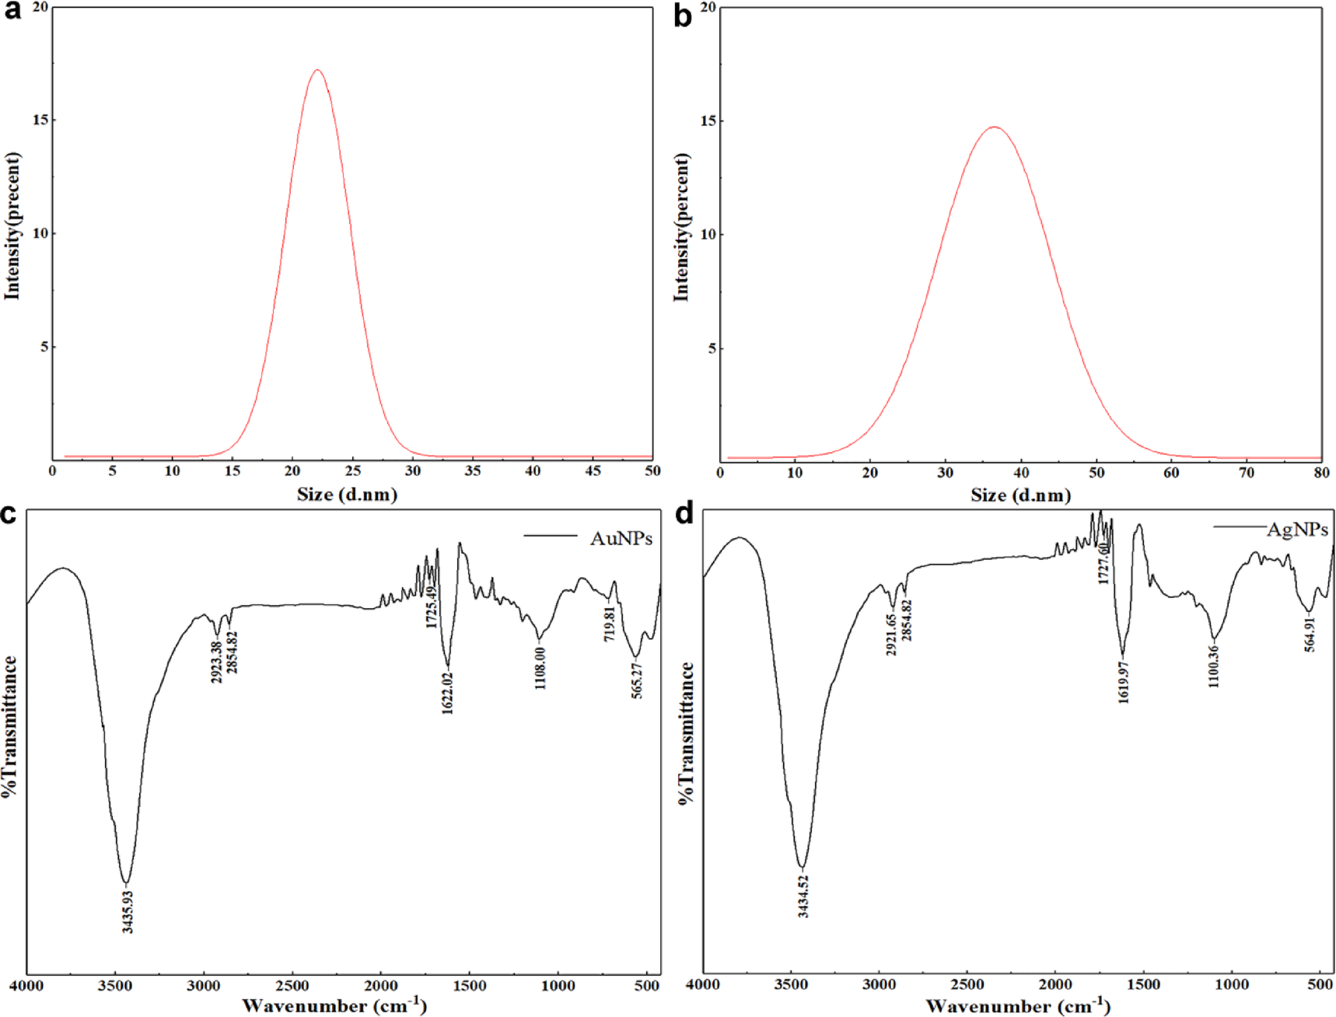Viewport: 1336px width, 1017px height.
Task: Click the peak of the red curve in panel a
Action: point(317,71)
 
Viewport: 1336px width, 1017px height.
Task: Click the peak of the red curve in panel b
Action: point(994,128)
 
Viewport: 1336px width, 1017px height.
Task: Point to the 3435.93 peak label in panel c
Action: point(128,911)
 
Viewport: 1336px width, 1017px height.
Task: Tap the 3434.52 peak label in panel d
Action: point(803,896)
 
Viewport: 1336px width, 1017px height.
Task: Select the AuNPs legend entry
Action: point(620,538)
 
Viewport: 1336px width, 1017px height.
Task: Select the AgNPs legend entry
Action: point(1296,529)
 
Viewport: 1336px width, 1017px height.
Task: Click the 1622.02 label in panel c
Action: point(447,693)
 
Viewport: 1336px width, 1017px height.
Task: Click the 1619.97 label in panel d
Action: point(1123,683)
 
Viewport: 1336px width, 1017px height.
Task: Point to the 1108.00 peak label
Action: point(540,667)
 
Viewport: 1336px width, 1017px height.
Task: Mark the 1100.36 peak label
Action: point(1214,666)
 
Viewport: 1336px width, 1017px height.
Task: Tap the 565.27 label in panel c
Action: point(637,680)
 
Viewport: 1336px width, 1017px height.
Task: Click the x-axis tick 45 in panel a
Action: point(593,471)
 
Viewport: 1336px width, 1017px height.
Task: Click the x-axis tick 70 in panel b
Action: point(1246,473)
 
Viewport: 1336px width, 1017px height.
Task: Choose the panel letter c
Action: point(9,515)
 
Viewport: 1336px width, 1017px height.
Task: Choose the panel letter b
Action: point(682,16)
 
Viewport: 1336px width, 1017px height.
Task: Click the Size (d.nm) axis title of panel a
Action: point(347,495)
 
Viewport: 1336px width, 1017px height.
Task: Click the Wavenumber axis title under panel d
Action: point(1017,1005)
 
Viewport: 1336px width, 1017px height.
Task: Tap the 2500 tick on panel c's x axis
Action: point(293,986)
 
